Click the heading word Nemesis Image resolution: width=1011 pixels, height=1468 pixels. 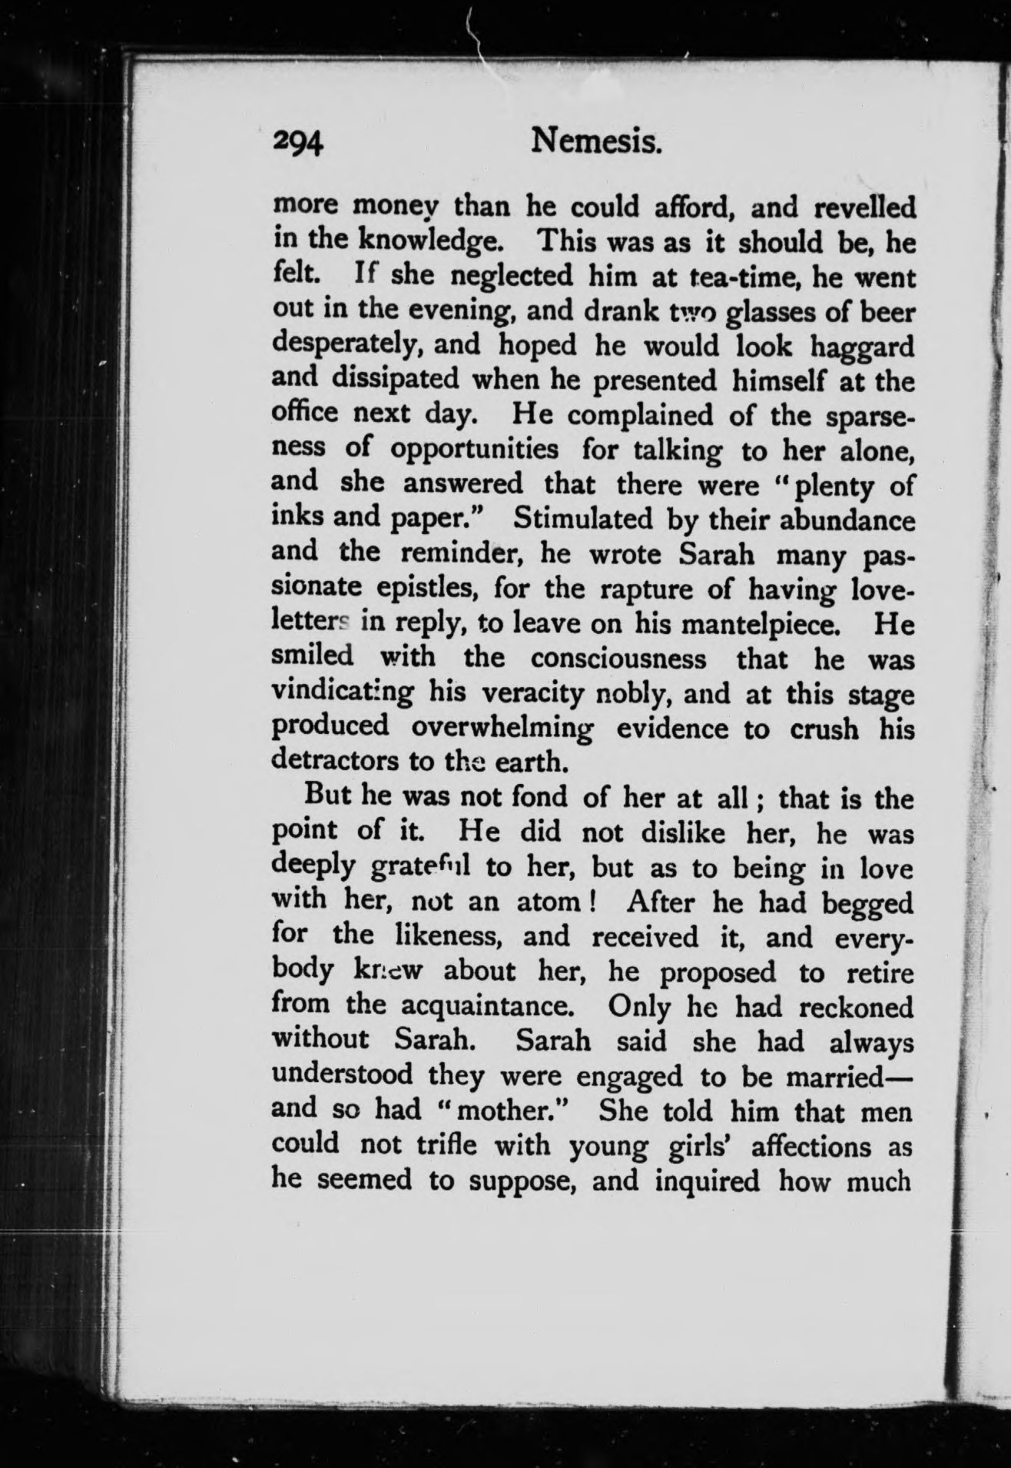tap(597, 141)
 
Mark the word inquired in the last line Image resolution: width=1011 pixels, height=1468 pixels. tap(707, 1180)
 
